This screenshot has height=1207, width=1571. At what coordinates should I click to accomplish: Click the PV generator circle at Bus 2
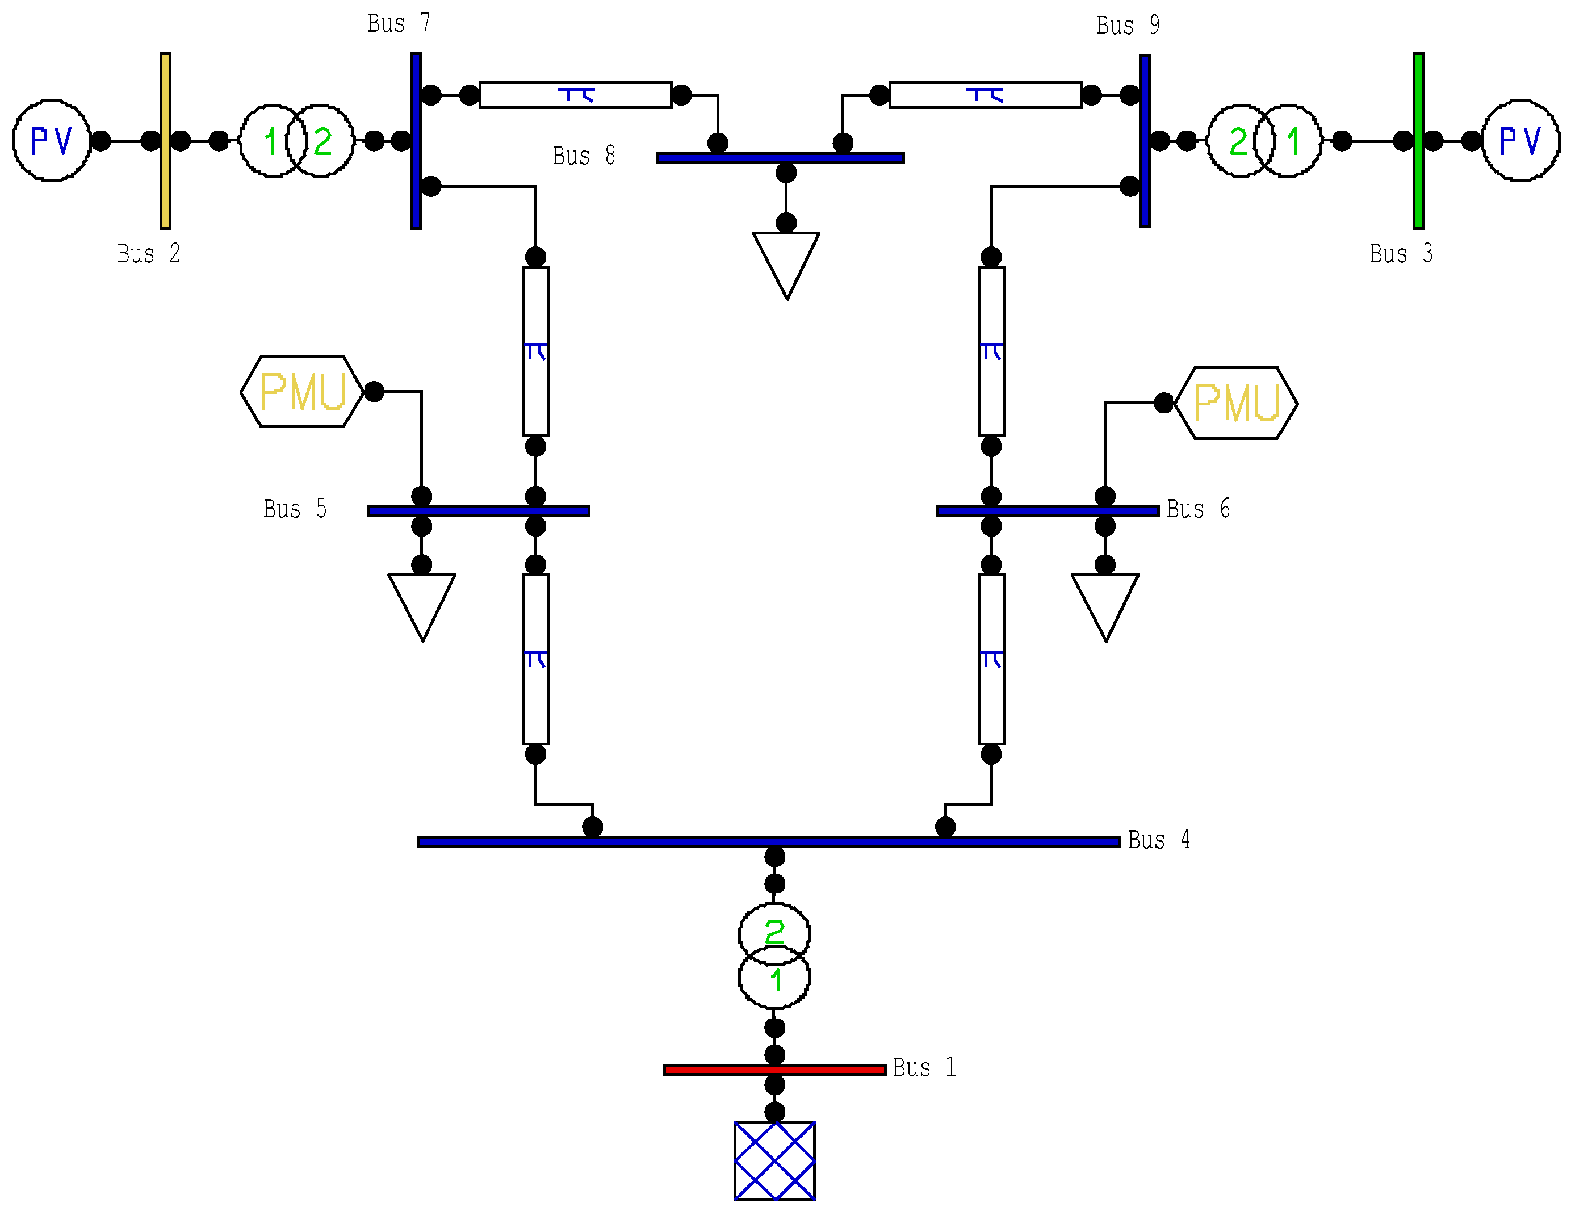(52, 141)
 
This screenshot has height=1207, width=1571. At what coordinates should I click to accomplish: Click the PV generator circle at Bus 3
(1519, 141)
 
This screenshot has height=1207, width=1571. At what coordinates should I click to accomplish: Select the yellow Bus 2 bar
(165, 141)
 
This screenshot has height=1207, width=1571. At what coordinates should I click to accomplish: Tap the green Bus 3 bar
(1418, 141)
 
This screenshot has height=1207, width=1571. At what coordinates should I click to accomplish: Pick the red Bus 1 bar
(774, 1070)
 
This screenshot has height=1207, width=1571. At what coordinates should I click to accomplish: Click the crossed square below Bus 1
(774, 1160)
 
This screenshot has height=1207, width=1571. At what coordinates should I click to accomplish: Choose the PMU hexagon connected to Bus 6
(1235, 403)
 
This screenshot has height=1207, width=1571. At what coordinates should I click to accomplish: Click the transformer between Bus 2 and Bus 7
(296, 141)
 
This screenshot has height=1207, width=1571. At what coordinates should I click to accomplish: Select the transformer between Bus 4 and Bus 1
(774, 956)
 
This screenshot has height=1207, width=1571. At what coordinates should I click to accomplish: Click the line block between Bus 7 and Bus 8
(575, 95)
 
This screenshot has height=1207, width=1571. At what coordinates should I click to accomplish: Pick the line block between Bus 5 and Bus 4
(535, 659)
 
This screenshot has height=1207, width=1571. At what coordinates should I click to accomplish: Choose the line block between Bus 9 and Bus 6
(991, 351)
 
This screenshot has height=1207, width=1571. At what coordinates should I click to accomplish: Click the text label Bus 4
(1158, 840)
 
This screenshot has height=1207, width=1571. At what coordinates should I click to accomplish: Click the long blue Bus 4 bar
(769, 841)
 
